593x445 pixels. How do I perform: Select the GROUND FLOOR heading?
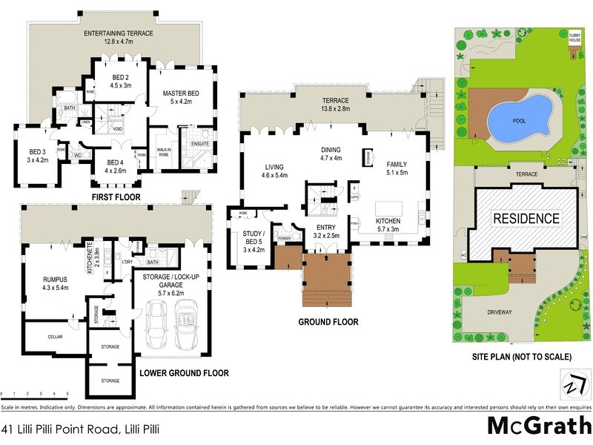pos(328,322)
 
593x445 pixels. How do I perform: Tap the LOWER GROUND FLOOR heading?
pos(184,372)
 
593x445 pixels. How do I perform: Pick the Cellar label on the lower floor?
pos(55,337)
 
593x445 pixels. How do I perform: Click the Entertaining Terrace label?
pos(119,34)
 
